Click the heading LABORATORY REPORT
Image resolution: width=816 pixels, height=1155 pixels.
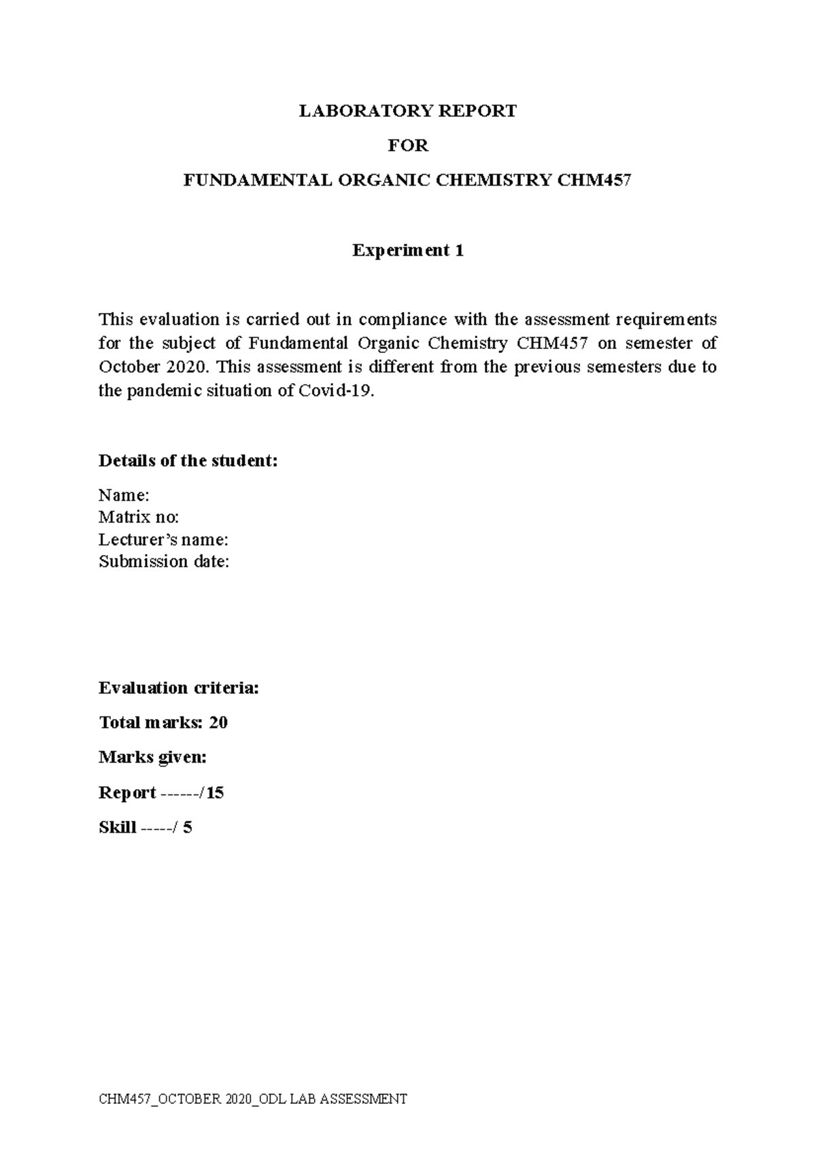[408, 111]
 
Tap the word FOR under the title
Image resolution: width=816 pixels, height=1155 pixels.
[408, 146]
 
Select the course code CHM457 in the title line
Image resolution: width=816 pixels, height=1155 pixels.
[594, 180]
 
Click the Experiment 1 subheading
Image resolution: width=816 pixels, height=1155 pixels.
[408, 250]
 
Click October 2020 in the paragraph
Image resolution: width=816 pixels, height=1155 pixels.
[151, 367]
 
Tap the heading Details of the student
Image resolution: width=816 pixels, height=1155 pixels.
[188, 461]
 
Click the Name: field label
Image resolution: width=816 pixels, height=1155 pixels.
[124, 495]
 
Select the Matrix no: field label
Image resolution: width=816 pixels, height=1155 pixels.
[139, 517]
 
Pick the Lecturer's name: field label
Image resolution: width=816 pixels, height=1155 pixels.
[163, 539]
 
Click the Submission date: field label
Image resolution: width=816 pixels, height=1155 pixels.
[164, 562]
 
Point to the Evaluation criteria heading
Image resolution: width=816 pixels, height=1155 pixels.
[179, 688]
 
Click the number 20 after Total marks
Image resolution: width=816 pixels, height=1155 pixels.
[218, 722]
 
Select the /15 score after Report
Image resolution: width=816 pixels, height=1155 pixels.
[212, 792]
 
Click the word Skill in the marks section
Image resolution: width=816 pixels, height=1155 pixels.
[117, 828]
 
